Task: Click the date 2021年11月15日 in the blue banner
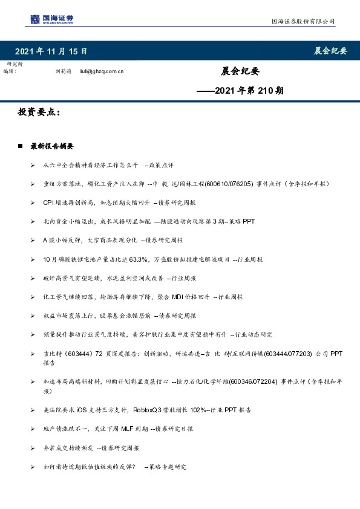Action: [51, 51]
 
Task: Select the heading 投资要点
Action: [39, 112]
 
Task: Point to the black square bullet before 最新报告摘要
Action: [21, 146]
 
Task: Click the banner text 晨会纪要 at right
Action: [330, 51]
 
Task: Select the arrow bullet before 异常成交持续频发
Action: [33, 448]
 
